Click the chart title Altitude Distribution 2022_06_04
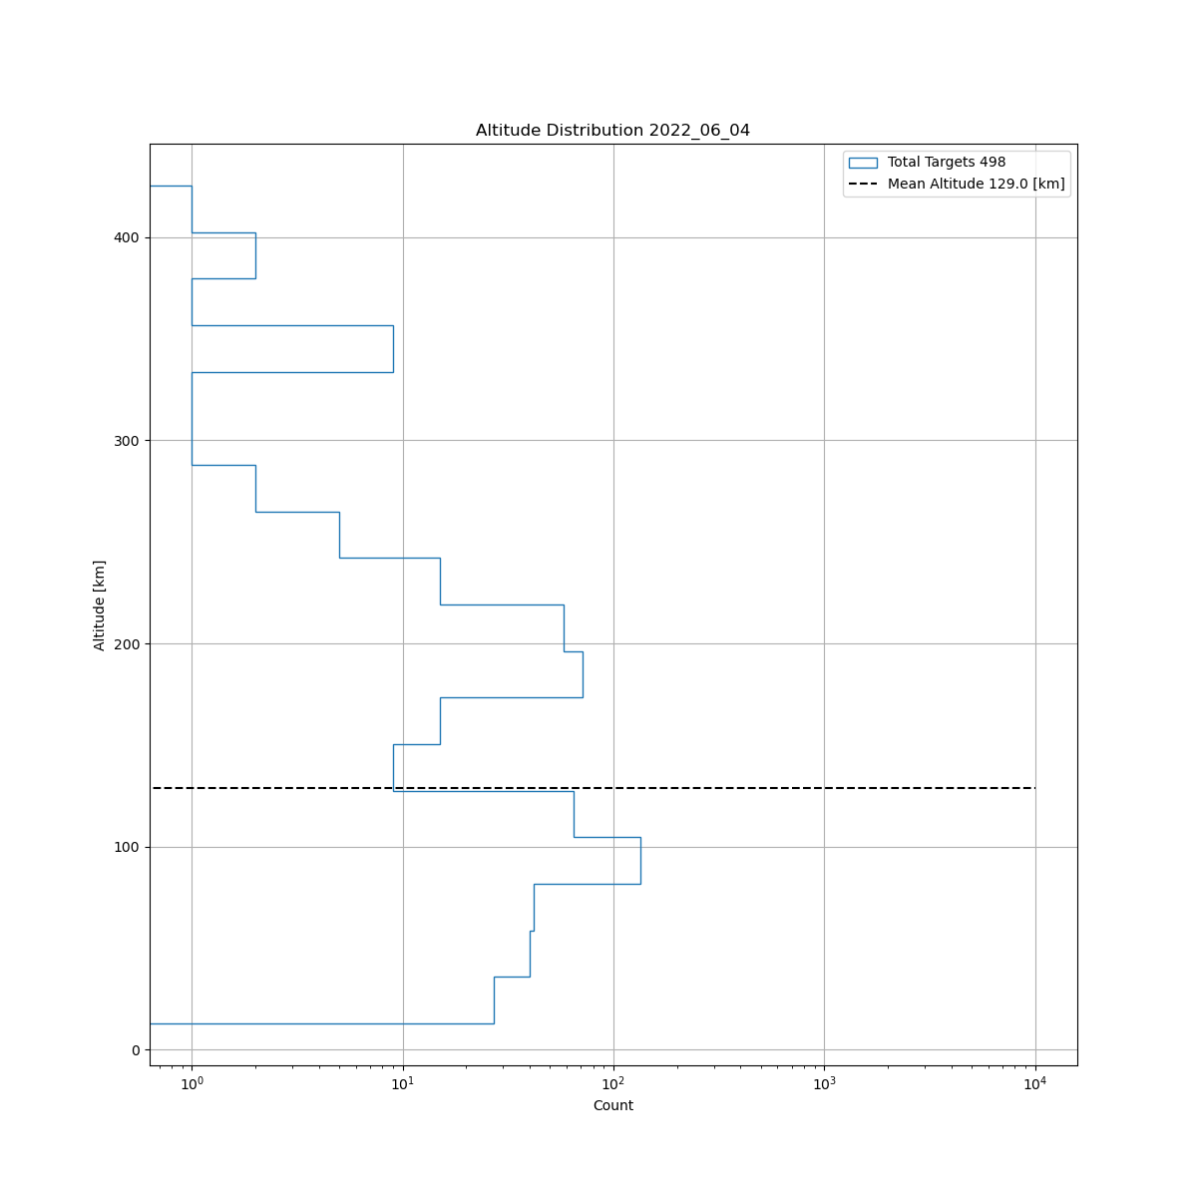[612, 131]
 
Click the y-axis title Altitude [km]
[100, 604]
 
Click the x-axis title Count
[612, 1105]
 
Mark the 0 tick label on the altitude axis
[135, 1050]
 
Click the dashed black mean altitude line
[698, 788]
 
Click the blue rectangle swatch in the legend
[863, 163]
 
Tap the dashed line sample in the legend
[863, 185]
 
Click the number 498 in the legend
[993, 163]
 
